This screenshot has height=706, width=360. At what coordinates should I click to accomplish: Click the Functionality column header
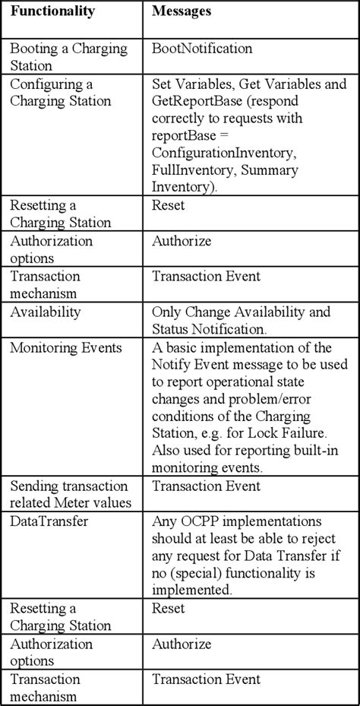52,13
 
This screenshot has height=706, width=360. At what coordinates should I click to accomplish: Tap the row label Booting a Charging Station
58,56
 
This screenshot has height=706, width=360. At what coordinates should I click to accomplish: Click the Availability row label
45,312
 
